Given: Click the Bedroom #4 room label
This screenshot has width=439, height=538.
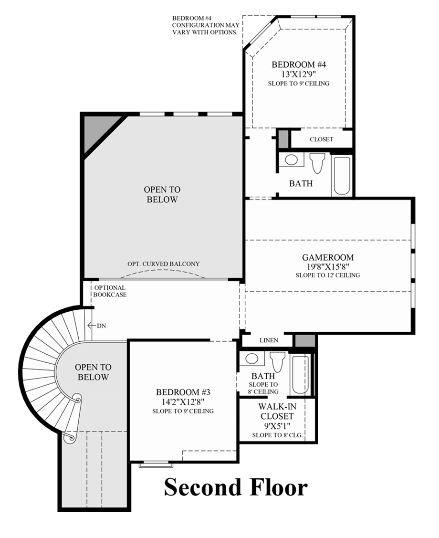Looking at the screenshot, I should coord(299,64).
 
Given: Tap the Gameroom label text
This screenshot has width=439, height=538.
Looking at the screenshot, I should coord(327,258).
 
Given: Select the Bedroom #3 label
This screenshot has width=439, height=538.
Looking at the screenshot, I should coord(183,392).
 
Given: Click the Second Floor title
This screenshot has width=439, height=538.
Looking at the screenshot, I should coord(236,488).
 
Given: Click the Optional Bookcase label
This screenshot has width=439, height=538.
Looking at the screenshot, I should coord(110,291).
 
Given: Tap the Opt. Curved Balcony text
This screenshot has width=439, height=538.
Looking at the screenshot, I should coord(163,264).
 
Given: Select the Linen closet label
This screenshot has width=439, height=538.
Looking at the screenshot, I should coord(269,340).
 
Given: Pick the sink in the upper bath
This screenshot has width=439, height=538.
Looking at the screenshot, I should coord(291,160).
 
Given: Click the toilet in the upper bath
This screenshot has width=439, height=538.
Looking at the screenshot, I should coord(317,163).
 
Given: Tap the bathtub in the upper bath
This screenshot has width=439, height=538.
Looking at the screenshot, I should coord(342,175).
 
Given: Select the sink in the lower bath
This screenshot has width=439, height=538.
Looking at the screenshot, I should coord(251,359).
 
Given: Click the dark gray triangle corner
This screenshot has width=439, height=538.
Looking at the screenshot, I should coord(94,128).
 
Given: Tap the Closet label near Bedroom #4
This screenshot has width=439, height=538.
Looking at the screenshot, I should coord(321,139).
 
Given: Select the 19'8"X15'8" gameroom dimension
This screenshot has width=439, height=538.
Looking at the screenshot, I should coord(327,266).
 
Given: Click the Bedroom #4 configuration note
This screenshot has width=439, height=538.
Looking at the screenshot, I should coord(205,25).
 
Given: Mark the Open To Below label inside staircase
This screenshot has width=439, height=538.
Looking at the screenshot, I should coord(93,372).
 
